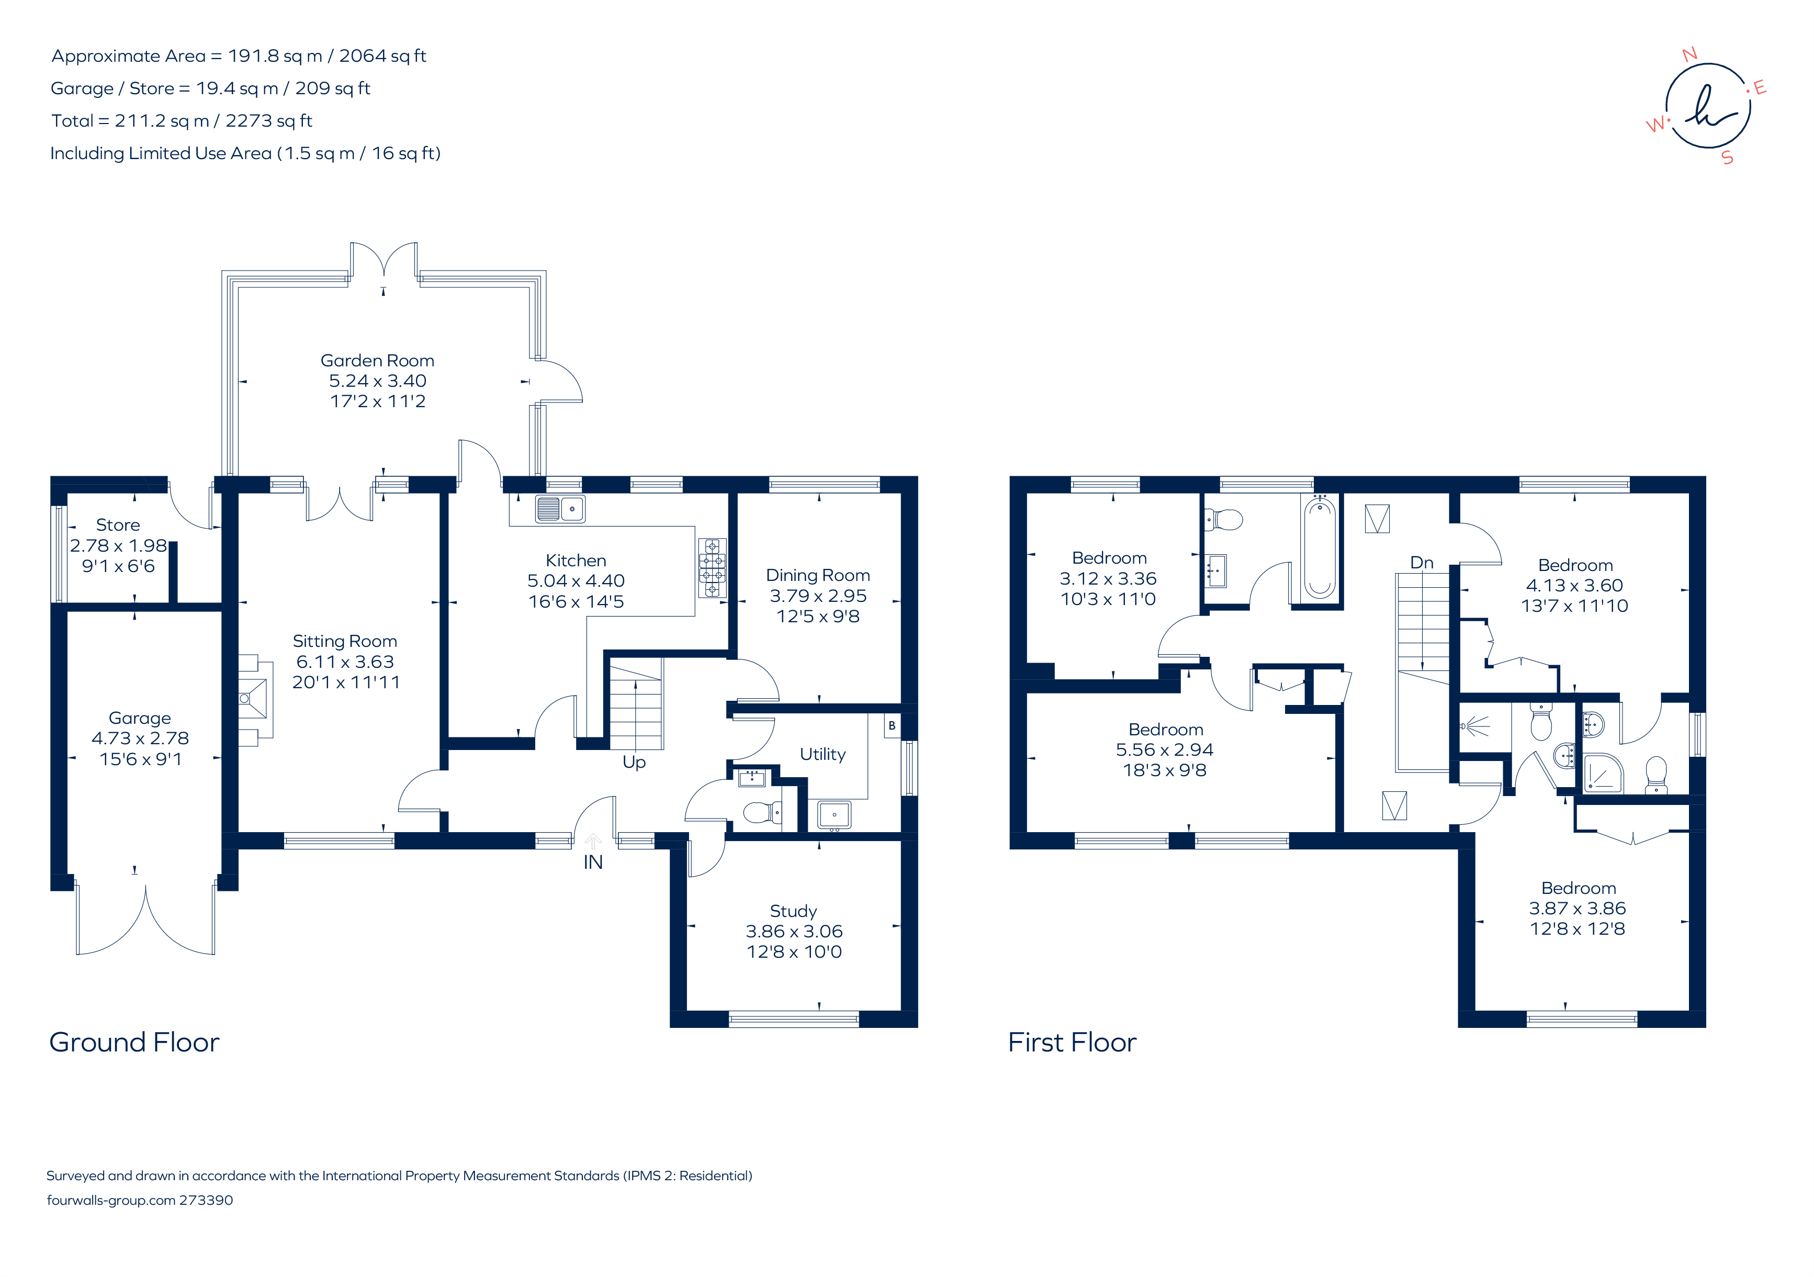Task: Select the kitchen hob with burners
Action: tap(712, 567)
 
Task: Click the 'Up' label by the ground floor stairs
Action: tap(634, 762)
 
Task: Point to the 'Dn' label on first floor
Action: tap(1422, 563)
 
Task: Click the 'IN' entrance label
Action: tap(593, 862)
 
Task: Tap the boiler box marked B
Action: tap(891, 725)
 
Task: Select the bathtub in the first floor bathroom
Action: tap(1320, 547)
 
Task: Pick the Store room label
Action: tap(118, 525)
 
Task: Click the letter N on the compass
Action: tap(1689, 54)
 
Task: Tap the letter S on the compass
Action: tap(1727, 158)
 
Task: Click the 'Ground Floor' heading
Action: tap(134, 1043)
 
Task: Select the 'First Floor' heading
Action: tap(1072, 1043)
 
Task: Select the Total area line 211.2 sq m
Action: tap(182, 121)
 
